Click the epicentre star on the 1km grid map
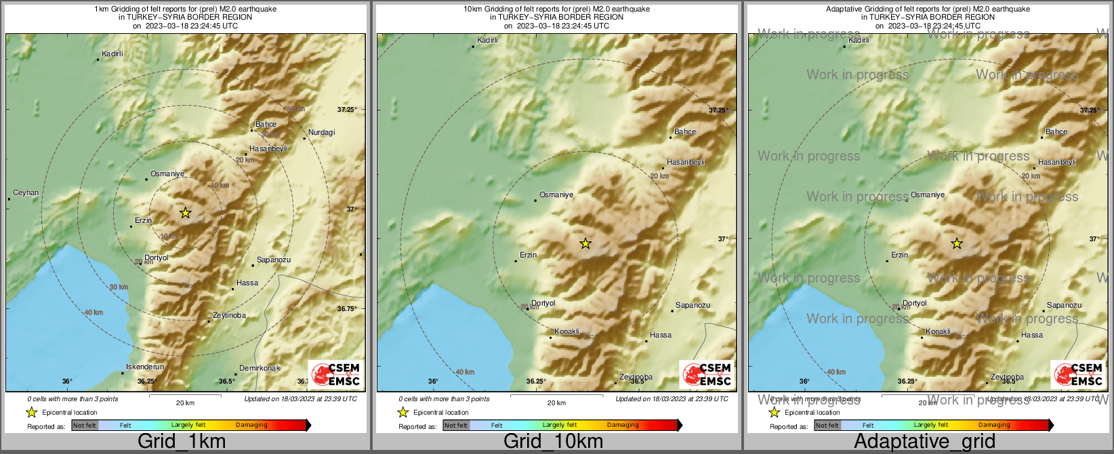186,213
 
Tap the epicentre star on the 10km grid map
585,243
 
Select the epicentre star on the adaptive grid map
956,243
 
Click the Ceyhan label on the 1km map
26,193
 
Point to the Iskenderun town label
145,367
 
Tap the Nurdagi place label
321,133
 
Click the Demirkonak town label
260,369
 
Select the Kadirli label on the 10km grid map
487,41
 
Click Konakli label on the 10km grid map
566,332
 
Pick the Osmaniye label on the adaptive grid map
928,195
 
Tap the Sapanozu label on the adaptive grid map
1064,306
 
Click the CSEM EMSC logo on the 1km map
335,374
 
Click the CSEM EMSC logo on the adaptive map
1077,374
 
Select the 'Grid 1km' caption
182,442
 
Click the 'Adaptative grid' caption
924,442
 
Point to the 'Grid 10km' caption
553,442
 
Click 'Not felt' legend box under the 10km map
455,426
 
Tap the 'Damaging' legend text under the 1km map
251,426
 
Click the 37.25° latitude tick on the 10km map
718,110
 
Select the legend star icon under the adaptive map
774,412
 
